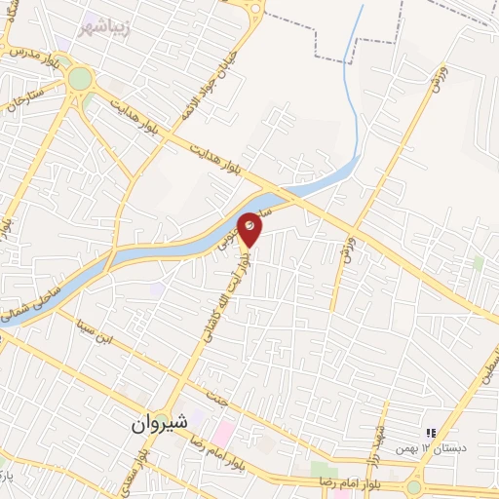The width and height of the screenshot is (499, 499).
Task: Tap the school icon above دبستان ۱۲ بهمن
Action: [x=430, y=433]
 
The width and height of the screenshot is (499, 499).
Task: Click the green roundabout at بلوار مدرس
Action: [x=79, y=78]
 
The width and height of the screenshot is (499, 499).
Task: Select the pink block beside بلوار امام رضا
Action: [x=222, y=430]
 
